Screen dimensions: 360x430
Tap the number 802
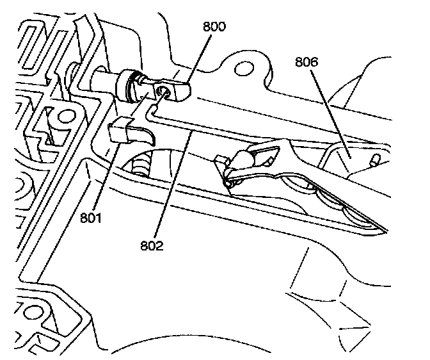tap(154, 245)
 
